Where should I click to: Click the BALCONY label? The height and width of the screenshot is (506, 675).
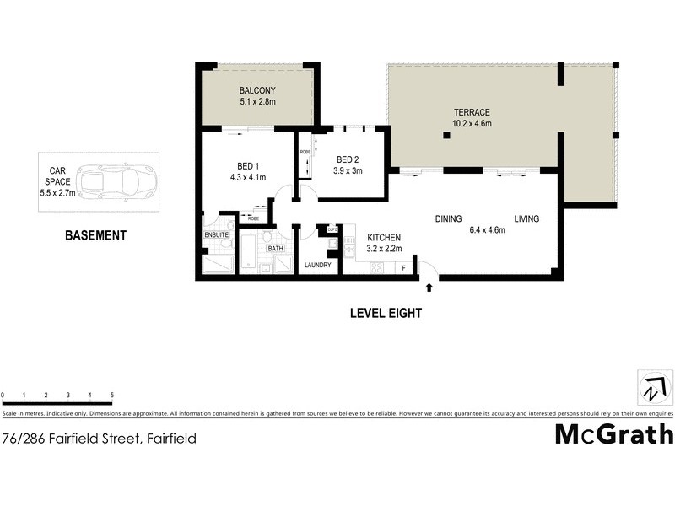pyautogui.click(x=257, y=90)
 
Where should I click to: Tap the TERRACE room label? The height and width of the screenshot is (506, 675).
pyautogui.click(x=471, y=112)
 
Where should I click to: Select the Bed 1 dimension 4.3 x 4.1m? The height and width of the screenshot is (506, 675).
pyautogui.click(x=247, y=177)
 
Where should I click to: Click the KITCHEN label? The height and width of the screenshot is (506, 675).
pyautogui.click(x=383, y=238)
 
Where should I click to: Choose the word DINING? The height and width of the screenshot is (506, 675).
pyautogui.click(x=448, y=219)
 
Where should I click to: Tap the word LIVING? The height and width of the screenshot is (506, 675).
pyautogui.click(x=526, y=219)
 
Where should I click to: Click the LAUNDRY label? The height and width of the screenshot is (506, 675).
pyautogui.click(x=318, y=266)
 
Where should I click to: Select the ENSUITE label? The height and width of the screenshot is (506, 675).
pyautogui.click(x=216, y=235)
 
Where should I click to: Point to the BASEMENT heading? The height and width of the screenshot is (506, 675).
pyautogui.click(x=95, y=236)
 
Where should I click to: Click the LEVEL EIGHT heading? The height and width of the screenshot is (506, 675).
pyautogui.click(x=386, y=313)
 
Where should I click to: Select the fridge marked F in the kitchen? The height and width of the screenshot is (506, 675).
pyautogui.click(x=404, y=268)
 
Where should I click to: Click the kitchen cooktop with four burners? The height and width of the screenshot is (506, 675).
pyautogui.click(x=376, y=268)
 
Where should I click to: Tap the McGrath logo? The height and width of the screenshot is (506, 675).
pyautogui.click(x=613, y=434)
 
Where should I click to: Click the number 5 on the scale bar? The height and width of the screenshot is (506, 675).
pyautogui.click(x=111, y=395)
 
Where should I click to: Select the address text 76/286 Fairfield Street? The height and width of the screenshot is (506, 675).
pyautogui.click(x=73, y=439)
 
